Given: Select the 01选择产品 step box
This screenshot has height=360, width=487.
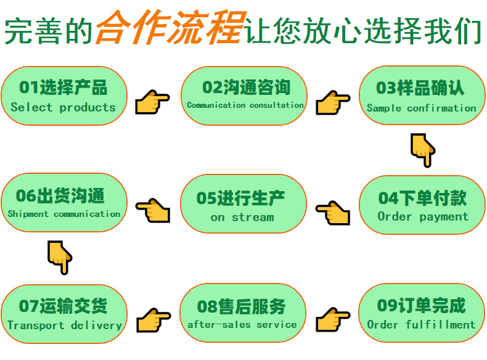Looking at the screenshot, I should point(63,96).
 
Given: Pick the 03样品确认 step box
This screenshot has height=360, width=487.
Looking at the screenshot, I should point(422,97).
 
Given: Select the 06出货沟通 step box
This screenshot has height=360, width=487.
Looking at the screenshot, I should point(63,203).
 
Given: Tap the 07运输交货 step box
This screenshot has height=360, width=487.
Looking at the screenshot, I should point(64,314).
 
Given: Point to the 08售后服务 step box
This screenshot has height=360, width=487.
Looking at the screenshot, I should point(242,314).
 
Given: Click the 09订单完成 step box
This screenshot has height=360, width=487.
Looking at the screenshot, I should point(422,314).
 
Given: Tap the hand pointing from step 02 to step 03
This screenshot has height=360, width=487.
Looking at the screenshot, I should point(333,102).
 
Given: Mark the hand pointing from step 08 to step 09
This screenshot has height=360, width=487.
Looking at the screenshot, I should point(333,320).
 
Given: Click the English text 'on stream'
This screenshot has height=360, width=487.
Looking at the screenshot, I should point(242,217).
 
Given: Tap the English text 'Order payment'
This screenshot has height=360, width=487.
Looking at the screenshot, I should point(423,216).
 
